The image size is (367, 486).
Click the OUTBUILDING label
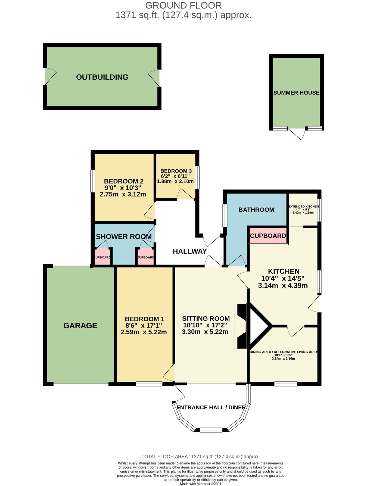click(102, 77)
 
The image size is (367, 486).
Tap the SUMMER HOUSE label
click(296, 93)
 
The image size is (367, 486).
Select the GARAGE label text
click(80, 325)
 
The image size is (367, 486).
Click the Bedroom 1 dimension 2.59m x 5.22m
click(144, 332)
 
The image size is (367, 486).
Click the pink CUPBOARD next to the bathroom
click(268, 236)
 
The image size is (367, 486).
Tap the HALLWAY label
click(190, 251)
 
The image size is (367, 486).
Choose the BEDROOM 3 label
click(176, 171)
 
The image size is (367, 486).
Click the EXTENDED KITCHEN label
click(303, 207)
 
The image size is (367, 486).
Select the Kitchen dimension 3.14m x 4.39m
click(283, 285)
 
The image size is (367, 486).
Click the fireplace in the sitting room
click(241, 326)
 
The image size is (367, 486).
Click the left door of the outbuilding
click(50, 76)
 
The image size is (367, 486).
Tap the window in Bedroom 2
click(93, 181)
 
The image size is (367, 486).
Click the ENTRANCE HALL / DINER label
click(211, 407)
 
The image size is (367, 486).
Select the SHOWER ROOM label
click(124, 236)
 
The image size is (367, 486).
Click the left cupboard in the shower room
click(102, 257)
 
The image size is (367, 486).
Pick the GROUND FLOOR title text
click(183, 5)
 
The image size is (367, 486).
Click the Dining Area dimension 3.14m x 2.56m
click(283, 359)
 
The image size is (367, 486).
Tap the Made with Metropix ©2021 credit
click(201, 484)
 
